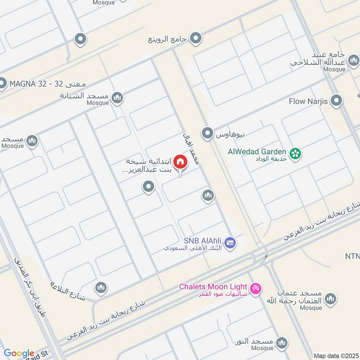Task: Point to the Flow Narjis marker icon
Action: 335,101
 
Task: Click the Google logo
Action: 19,353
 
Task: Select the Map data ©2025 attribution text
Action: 335,355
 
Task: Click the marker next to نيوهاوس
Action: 207,133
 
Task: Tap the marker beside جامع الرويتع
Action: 195,39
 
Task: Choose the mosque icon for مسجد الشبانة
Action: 117,97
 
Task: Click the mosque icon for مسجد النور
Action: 282,342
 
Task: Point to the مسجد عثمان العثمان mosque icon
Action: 330,298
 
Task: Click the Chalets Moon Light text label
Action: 213,287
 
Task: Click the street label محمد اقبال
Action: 193,149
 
